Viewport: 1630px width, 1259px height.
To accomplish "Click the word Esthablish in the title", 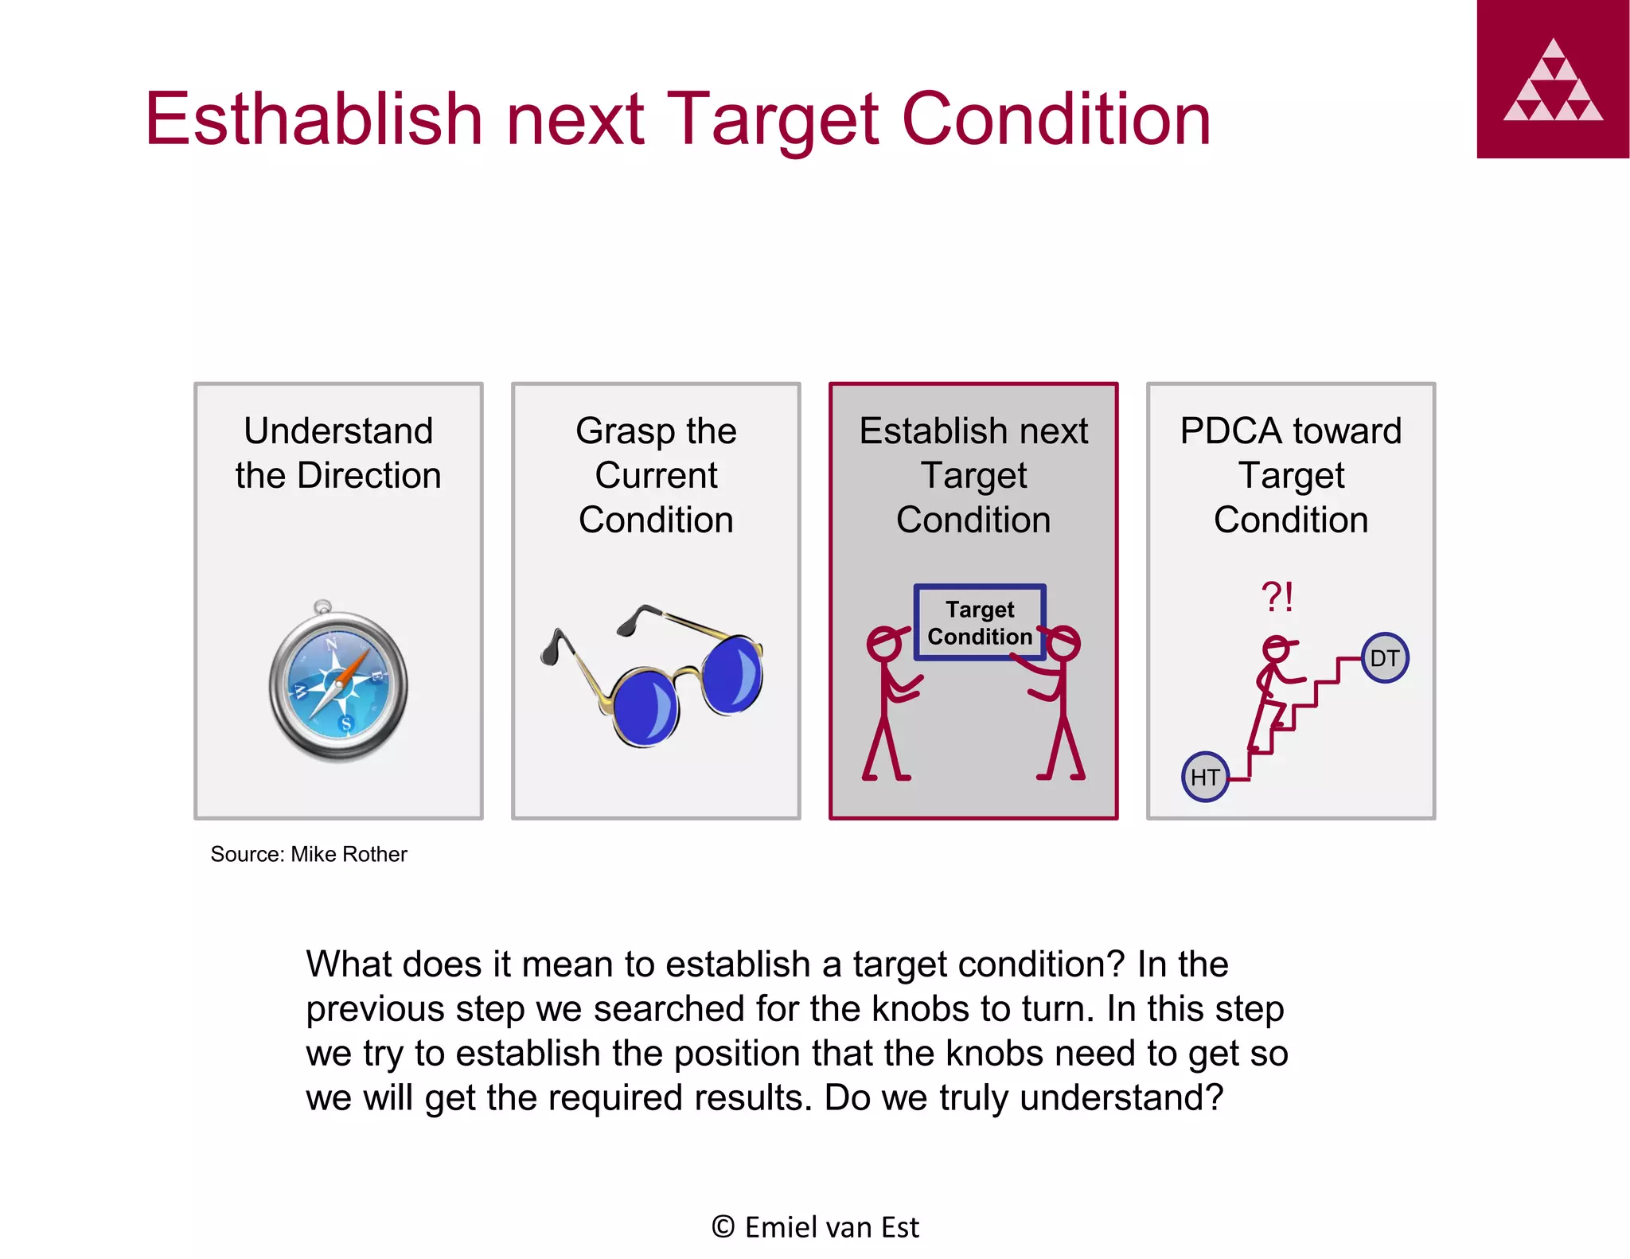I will pos(314,119).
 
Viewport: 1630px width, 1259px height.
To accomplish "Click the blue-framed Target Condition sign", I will pos(979,623).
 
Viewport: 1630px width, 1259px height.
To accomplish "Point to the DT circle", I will pos(1384,658).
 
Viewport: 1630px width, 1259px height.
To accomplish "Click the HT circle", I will pos(1205,777).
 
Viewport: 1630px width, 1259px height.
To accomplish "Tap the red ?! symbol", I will pos(1277,596).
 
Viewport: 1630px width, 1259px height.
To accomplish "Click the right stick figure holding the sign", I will pos(1059,700).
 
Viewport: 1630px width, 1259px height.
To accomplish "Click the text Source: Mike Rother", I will pos(309,855).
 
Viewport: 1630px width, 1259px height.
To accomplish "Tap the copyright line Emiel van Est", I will pos(816,1227).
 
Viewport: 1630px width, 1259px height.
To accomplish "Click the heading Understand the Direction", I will pos(338,453).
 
